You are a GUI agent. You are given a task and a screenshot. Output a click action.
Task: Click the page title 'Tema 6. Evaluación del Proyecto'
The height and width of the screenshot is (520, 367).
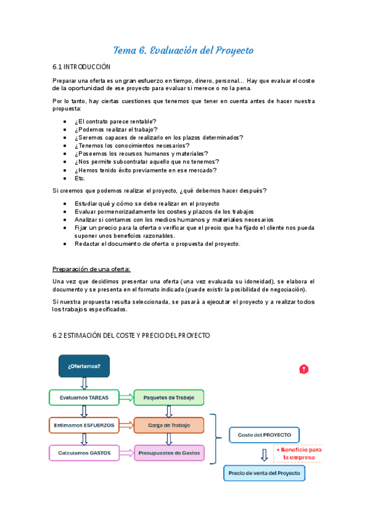tap(183, 50)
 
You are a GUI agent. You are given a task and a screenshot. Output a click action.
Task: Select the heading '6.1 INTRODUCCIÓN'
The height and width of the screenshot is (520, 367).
tap(82, 66)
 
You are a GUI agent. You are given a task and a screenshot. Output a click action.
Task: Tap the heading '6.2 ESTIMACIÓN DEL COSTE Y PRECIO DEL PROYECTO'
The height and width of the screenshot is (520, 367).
tap(131, 335)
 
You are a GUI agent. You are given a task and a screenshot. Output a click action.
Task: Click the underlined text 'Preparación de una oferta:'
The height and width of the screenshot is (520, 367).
tap(91, 269)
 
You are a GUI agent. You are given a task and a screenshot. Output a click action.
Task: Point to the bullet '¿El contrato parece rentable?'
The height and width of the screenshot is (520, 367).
tap(115, 121)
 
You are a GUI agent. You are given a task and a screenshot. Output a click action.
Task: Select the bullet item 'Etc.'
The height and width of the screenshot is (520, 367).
tap(80, 178)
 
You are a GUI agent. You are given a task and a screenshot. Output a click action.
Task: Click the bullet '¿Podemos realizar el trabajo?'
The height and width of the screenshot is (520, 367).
tap(116, 129)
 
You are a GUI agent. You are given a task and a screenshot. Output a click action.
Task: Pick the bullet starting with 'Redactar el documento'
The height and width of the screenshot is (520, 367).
tap(157, 243)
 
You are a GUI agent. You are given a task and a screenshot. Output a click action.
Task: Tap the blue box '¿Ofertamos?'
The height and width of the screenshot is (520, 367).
tap(84, 366)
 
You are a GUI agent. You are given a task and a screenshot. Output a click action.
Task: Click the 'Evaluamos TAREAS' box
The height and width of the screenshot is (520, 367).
tap(84, 398)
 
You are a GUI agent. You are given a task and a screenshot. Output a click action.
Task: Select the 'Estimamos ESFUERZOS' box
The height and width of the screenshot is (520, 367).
tap(84, 425)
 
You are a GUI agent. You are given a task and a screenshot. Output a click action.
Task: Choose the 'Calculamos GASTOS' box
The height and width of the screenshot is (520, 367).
tap(84, 453)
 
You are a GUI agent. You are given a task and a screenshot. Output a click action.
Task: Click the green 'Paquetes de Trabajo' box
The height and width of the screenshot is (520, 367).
tap(168, 398)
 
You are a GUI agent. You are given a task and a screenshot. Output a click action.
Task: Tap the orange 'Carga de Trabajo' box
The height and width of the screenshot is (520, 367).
tap(168, 425)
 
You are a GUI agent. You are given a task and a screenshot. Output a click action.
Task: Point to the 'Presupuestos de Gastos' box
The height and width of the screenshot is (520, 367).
tap(168, 453)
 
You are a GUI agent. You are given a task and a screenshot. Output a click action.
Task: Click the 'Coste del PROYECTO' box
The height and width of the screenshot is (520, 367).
tap(265, 435)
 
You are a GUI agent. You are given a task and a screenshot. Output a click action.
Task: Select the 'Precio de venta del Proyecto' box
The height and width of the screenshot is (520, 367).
tap(264, 473)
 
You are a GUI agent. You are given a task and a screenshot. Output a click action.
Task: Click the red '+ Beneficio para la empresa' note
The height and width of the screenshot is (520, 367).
tap(298, 453)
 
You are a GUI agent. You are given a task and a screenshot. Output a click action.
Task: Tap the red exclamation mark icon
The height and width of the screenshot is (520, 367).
tap(304, 369)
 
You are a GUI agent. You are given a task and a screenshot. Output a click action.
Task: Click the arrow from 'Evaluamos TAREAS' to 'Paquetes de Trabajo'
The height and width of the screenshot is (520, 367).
tap(126, 398)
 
